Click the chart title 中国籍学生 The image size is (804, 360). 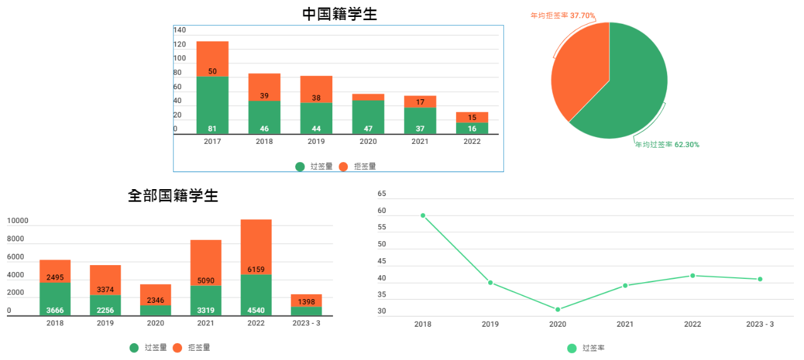[x=339, y=14]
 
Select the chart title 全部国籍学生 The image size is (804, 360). [x=173, y=195]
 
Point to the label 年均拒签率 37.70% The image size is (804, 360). [x=563, y=15]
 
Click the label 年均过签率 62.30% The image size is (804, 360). [x=667, y=145]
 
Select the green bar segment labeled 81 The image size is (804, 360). [x=212, y=105]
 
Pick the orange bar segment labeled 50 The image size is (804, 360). [x=212, y=59]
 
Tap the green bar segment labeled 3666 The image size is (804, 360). [x=55, y=299]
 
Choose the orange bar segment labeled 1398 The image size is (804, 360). [x=307, y=300]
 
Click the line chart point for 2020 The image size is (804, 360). [x=558, y=309]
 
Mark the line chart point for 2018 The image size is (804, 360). [x=423, y=215]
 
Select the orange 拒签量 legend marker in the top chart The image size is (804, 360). [x=343, y=166]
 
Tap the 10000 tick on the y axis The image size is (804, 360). [x=18, y=221]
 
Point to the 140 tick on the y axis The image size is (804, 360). [x=180, y=30]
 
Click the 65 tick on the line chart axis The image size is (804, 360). [x=382, y=194]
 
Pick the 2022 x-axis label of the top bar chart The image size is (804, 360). [x=472, y=141]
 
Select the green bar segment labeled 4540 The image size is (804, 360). [x=256, y=295]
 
